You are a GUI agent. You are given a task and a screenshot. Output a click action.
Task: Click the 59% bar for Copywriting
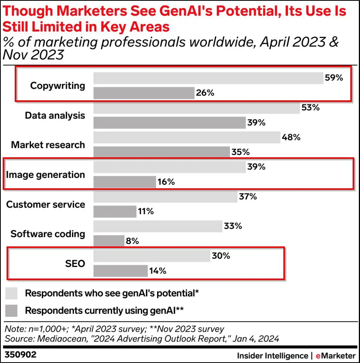[x=208, y=78]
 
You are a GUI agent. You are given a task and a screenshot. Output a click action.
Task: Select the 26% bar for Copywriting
[x=144, y=93]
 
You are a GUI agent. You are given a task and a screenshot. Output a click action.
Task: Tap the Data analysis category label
[x=55, y=115]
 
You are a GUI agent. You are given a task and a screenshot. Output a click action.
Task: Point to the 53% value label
[x=311, y=108]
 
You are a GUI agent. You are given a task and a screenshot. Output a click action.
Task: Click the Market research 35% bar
[x=161, y=152]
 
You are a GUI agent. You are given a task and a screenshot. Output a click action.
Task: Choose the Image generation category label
[x=45, y=175]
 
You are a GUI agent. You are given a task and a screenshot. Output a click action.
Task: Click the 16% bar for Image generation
[x=124, y=182]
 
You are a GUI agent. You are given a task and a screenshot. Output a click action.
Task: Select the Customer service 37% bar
[x=165, y=197]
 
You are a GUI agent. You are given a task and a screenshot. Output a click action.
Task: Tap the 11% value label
[x=146, y=212]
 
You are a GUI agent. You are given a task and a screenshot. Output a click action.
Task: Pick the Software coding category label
[x=48, y=234]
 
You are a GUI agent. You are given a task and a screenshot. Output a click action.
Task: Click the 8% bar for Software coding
[x=109, y=241]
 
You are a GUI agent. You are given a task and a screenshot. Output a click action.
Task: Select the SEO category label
[x=75, y=264]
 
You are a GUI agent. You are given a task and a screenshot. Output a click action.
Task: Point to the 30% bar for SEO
[x=152, y=256]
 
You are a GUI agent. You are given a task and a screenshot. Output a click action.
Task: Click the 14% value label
[x=158, y=271]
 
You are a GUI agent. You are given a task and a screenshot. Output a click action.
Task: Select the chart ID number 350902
[x=18, y=354]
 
